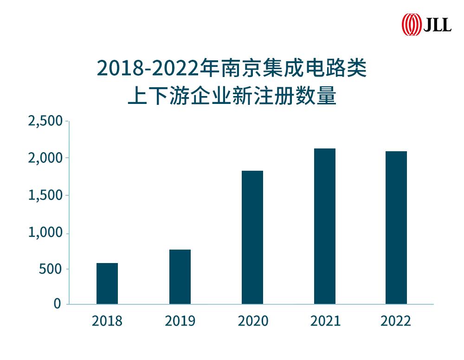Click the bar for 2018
[107, 283]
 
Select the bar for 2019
[180, 277]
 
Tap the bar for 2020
[252, 238]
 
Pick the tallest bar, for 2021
[325, 226]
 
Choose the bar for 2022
[396, 228]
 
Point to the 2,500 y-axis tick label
[45, 121]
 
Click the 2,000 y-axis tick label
[45, 158]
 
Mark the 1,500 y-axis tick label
[45, 195]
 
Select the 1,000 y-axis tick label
[45, 233]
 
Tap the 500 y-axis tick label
[51, 270]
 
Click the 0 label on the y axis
[58, 304]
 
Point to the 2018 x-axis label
[107, 321]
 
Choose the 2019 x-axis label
[180, 321]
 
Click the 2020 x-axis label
[253, 321]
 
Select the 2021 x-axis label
[325, 321]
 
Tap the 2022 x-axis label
[396, 321]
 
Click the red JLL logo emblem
[411, 24]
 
